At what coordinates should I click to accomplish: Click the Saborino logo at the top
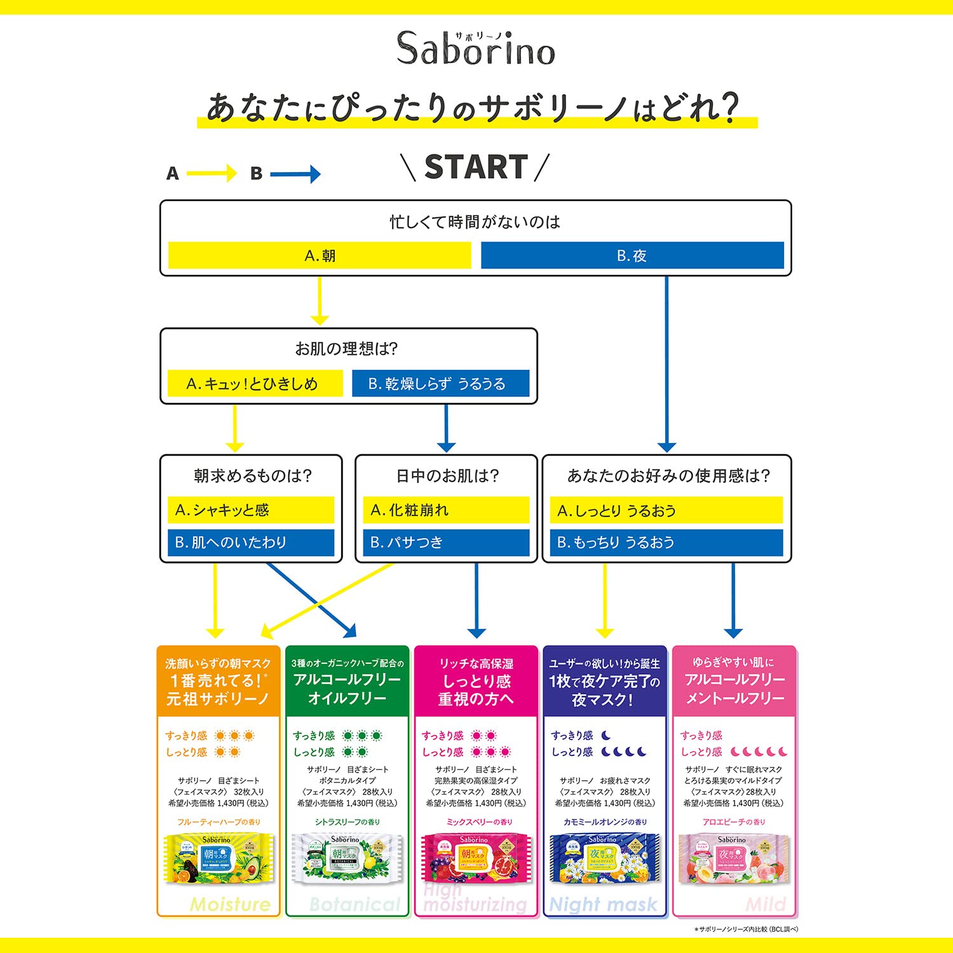[476, 48]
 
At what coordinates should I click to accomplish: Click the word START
[476, 167]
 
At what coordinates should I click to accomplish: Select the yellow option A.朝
[320, 255]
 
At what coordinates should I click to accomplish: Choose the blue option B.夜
[632, 255]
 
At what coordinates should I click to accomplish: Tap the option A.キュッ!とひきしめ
[255, 384]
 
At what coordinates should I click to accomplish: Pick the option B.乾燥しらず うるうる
[440, 384]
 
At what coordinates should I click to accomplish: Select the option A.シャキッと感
[251, 510]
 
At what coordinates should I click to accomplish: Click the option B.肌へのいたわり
[251, 543]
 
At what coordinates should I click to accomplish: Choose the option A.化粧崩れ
[445, 510]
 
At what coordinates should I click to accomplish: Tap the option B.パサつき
[445, 543]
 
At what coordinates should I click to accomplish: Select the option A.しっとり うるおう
[666, 510]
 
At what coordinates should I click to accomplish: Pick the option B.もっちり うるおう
[666, 543]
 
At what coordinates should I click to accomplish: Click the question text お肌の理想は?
[346, 349]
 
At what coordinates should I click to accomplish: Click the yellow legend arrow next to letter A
[212, 173]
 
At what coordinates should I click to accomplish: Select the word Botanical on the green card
[355, 904]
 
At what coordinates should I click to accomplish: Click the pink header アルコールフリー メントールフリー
[734, 688]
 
